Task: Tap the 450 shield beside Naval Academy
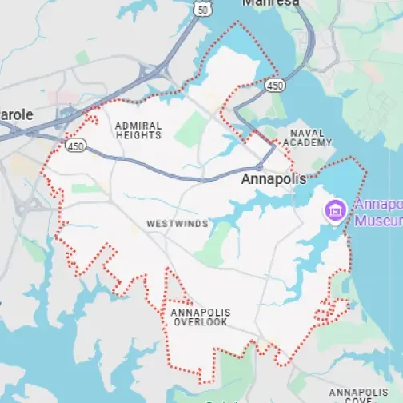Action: pos(274,84)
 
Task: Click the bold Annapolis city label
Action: pos(273,180)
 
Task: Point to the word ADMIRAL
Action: pos(138,126)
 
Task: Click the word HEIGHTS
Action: pos(138,136)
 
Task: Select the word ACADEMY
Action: pos(310,142)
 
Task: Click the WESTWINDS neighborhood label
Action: pos(177,225)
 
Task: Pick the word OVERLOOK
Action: pos(200,322)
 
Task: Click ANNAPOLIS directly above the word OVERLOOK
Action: pos(200,312)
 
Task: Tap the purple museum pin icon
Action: pos(333,211)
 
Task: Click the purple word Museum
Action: pos(378,220)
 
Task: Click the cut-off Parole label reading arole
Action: pos(16,114)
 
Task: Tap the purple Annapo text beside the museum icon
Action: pos(378,204)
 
